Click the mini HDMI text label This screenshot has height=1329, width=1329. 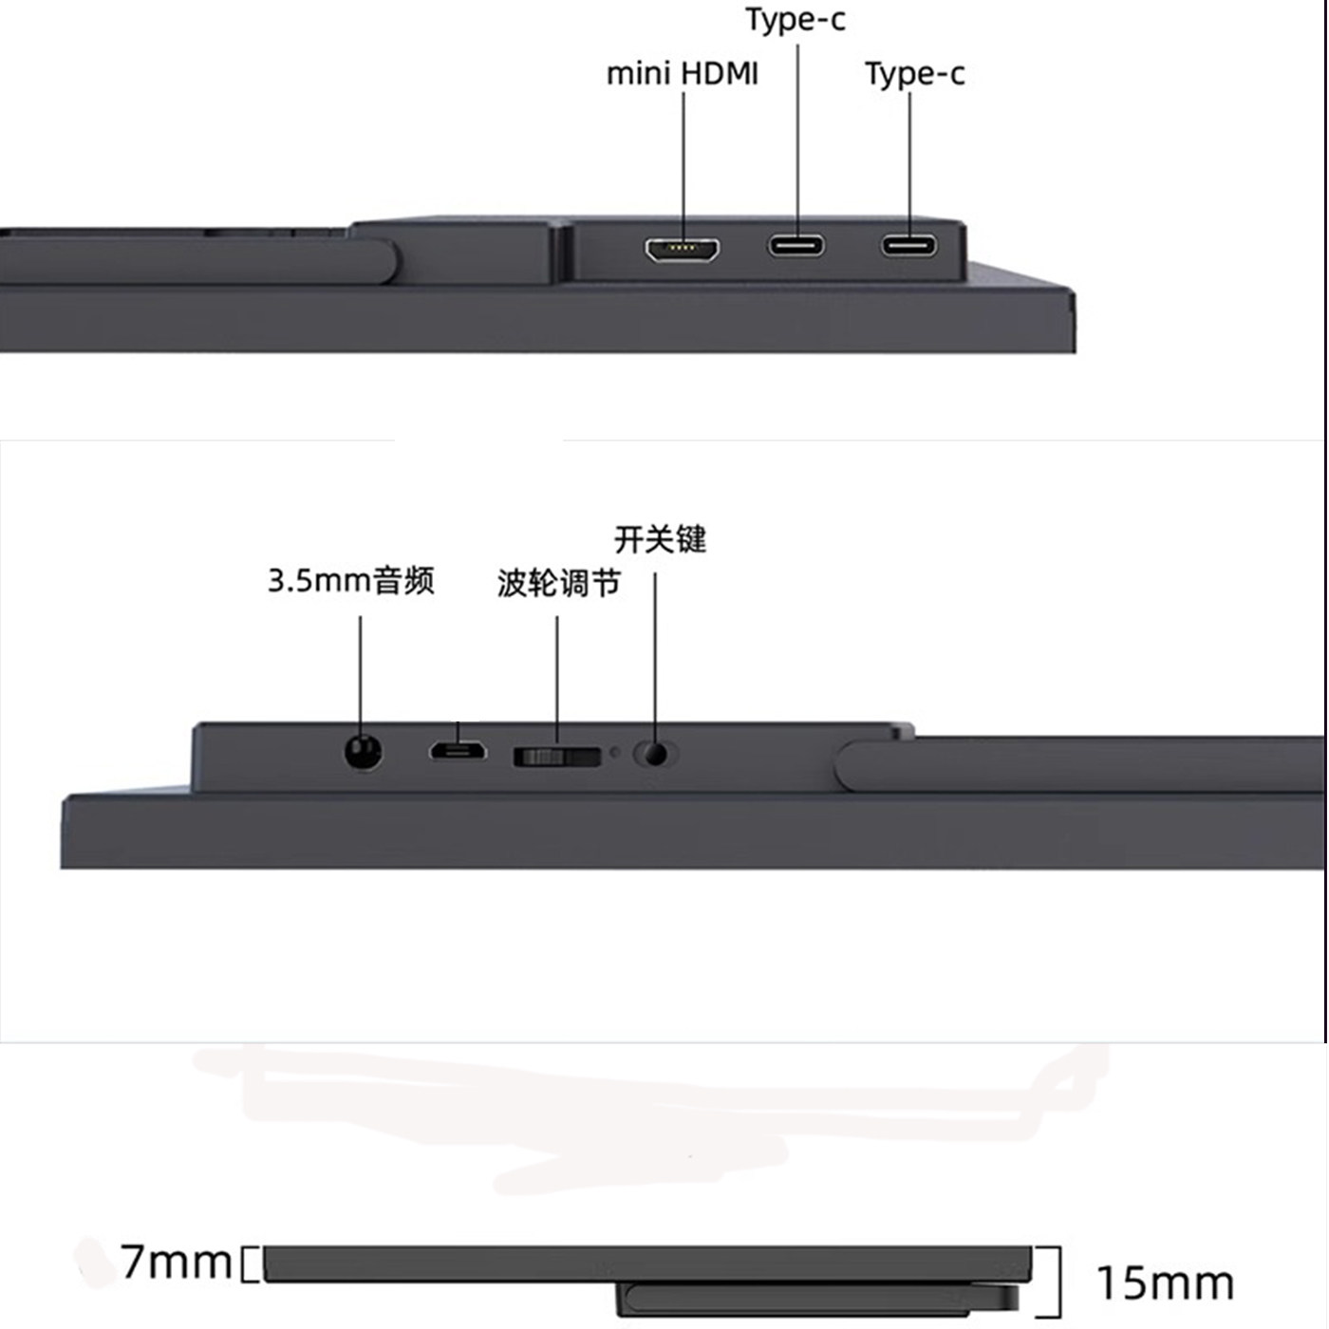682,73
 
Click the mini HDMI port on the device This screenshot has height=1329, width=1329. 682,250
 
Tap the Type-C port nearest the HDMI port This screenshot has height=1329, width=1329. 796,246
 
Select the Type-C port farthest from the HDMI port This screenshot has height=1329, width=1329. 908,246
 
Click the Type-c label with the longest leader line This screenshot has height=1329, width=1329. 795,19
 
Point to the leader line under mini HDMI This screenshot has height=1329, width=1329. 683,161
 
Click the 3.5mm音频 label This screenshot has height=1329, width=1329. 350,580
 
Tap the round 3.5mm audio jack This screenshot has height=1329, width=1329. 363,753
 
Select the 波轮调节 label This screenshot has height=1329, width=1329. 558,583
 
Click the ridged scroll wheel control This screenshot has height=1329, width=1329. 556,757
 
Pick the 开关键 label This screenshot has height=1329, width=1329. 660,539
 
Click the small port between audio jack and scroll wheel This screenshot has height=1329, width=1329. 458,751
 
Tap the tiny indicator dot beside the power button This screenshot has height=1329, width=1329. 614,753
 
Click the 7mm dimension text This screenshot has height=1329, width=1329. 177,1263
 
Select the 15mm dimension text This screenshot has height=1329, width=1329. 1165,1283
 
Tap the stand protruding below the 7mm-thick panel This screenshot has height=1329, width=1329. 816,1297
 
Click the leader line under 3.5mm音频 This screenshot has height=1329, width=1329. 360,674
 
